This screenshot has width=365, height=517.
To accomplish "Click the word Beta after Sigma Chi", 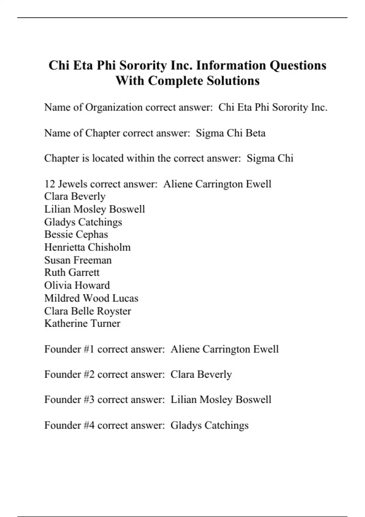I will click(255, 133).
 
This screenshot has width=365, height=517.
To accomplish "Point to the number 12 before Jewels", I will click(50, 184).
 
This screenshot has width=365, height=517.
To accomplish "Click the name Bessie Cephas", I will click(76, 234).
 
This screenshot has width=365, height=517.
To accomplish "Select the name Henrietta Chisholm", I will click(87, 247).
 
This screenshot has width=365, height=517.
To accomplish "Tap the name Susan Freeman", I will click(78, 260).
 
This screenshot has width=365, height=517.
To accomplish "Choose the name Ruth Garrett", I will click(72, 272).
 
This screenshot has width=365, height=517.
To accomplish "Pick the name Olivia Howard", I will click(77, 285).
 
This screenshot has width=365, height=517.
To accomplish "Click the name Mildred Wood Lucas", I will click(91, 298).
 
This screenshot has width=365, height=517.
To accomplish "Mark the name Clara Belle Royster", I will click(88, 311).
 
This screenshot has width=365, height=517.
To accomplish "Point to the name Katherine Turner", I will click(82, 323).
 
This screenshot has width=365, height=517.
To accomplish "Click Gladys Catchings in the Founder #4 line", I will click(209, 425).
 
